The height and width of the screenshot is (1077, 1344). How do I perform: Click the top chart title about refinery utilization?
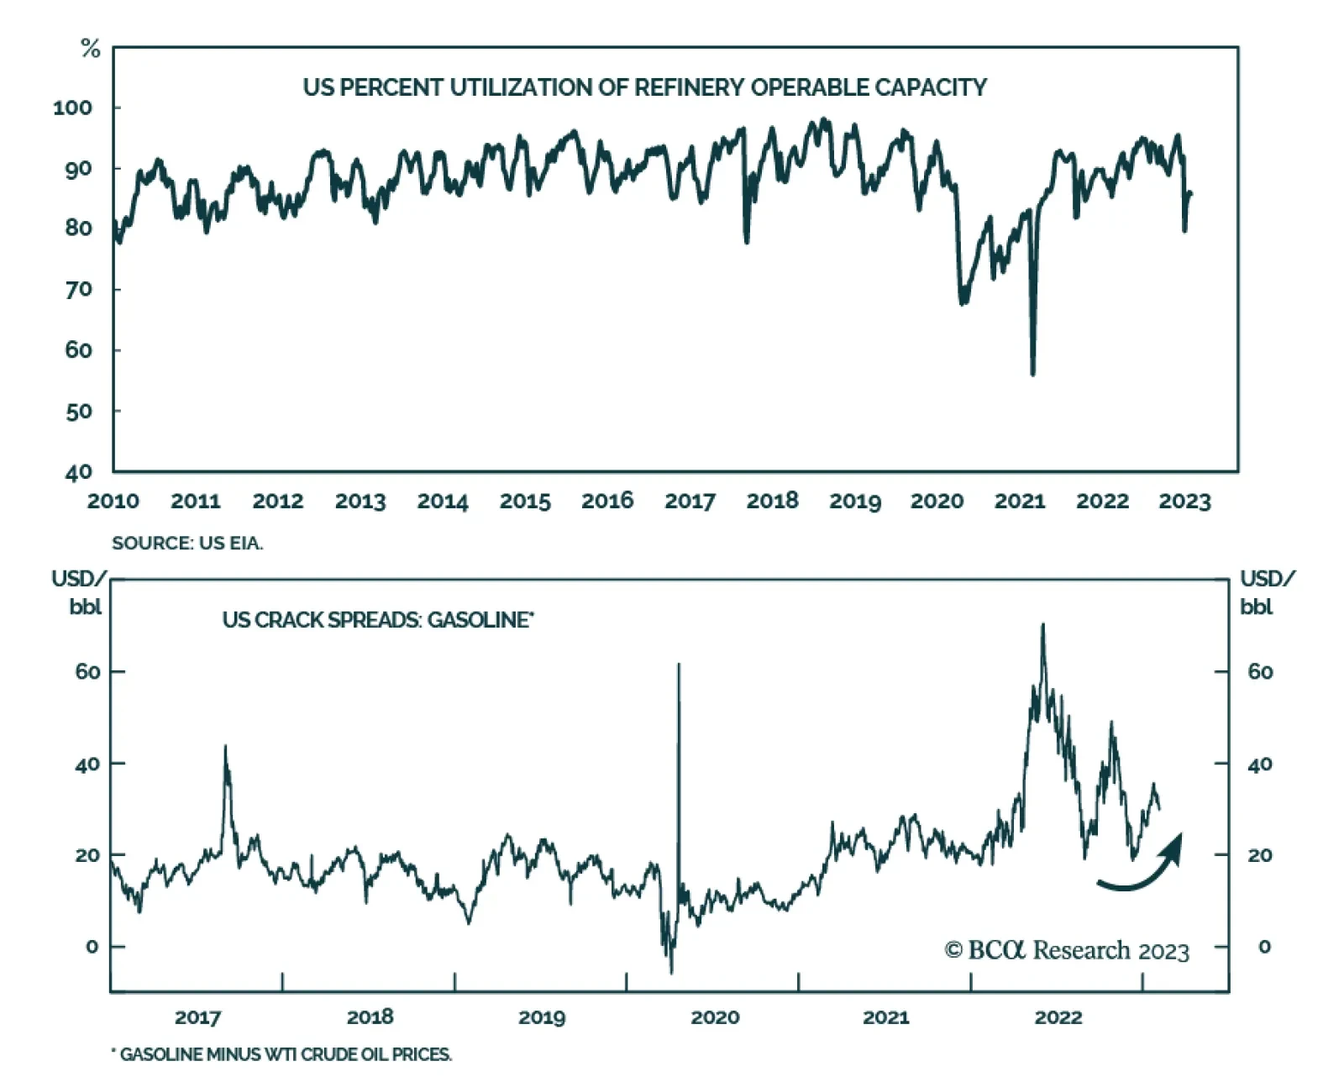tap(644, 87)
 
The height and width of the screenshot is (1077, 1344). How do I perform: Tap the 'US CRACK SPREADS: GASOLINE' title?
tap(378, 620)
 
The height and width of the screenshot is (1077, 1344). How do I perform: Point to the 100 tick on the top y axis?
tap(72, 108)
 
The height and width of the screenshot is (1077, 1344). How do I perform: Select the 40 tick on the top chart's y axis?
tap(78, 472)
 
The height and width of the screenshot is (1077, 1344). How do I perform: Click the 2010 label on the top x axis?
tap(113, 502)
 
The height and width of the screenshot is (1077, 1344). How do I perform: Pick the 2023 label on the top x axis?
tap(1184, 502)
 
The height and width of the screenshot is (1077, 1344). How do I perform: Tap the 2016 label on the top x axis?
tap(607, 502)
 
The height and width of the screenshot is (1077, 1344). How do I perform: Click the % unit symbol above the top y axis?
tap(90, 50)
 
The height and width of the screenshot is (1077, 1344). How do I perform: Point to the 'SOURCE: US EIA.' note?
tap(187, 544)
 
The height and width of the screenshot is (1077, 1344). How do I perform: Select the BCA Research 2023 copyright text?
tap(1067, 950)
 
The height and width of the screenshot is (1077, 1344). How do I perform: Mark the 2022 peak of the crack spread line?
tap(1042, 626)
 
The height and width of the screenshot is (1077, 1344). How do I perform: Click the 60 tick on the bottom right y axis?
tap(1260, 672)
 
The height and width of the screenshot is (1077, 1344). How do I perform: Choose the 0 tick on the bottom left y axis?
tap(92, 947)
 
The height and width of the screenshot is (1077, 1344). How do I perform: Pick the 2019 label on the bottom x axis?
tap(542, 1017)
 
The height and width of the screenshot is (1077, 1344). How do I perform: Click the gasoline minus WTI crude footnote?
tap(282, 1054)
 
